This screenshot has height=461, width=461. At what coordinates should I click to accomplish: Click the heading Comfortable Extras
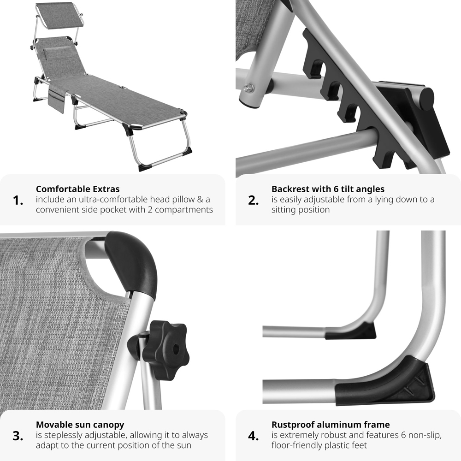point(77,189)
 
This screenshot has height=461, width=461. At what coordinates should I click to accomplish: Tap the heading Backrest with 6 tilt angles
point(328,189)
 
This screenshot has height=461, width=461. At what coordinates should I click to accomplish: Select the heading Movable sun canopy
point(80,425)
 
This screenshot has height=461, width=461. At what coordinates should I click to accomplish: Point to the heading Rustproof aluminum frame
point(331,425)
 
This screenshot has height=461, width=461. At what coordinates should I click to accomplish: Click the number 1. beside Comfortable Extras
point(18,201)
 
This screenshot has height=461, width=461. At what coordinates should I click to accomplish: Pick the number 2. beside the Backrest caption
point(254,201)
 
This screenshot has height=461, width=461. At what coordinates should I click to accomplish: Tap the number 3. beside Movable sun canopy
point(18,436)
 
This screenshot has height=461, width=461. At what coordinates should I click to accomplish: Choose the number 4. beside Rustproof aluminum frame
point(254,436)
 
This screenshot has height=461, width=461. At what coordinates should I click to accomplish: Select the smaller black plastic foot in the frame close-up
point(351,331)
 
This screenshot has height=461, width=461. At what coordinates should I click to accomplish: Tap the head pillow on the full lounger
point(54,53)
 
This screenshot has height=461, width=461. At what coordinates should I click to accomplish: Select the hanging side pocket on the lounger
point(56,100)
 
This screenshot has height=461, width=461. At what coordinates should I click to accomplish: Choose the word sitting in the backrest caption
point(284,210)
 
